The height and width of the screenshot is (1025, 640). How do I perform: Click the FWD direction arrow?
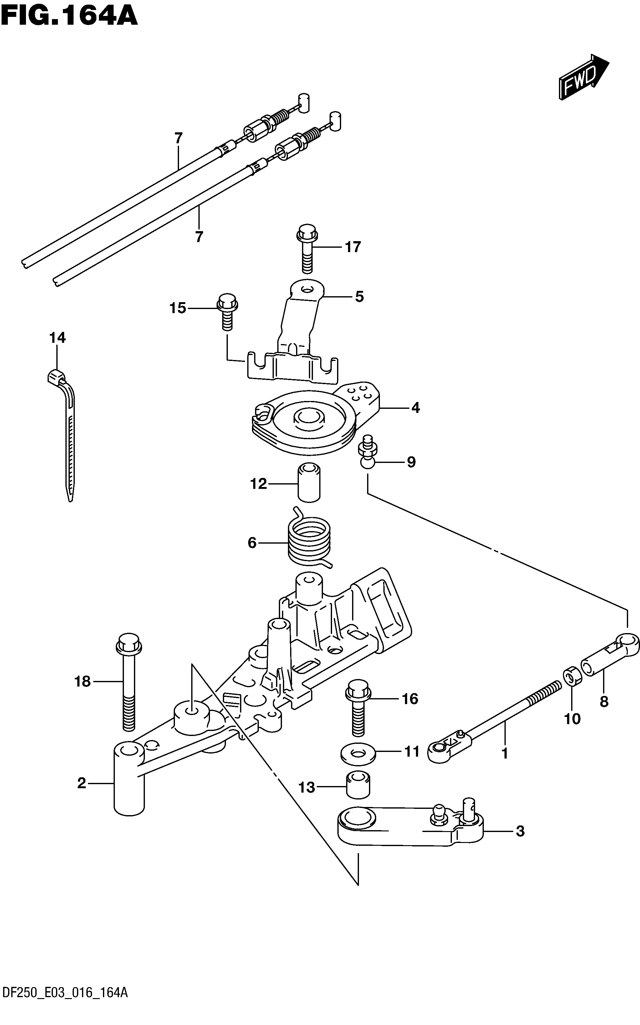point(584,77)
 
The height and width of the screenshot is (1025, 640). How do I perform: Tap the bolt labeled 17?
point(307,249)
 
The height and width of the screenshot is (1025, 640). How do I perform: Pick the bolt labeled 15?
point(227,311)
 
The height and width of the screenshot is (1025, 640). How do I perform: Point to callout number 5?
point(359,297)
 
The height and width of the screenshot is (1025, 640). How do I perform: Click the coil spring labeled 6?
point(310,538)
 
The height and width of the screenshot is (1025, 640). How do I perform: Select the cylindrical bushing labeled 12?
point(309,482)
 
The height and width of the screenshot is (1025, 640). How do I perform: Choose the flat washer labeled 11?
point(358,754)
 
